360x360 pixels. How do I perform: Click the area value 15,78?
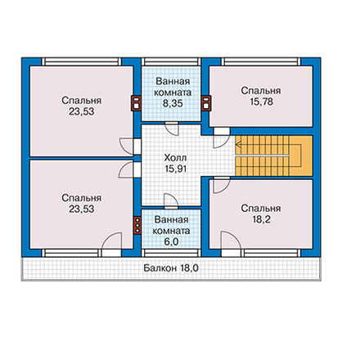pos(261,102)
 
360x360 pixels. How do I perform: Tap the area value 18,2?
pos(261,219)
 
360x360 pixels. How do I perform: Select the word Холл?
pos(176,158)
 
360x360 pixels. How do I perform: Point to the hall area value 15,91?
pos(176,169)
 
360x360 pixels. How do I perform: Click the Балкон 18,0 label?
pos(171,268)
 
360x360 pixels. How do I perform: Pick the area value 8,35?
pos(173,104)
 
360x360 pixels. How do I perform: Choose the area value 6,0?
pos(171,242)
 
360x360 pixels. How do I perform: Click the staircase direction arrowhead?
pos(238,145)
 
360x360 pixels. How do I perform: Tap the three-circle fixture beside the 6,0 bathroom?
pos(137,225)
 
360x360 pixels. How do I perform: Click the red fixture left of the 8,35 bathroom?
pos(136,103)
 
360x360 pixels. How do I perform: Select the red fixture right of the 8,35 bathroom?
pos(206,103)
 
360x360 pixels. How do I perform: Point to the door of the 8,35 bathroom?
pos(172,128)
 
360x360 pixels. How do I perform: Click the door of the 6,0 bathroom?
pos(171,201)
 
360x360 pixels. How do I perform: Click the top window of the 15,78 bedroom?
pos(261,61)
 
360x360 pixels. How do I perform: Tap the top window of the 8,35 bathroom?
pos(171,61)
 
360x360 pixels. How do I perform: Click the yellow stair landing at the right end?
pos(301,155)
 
